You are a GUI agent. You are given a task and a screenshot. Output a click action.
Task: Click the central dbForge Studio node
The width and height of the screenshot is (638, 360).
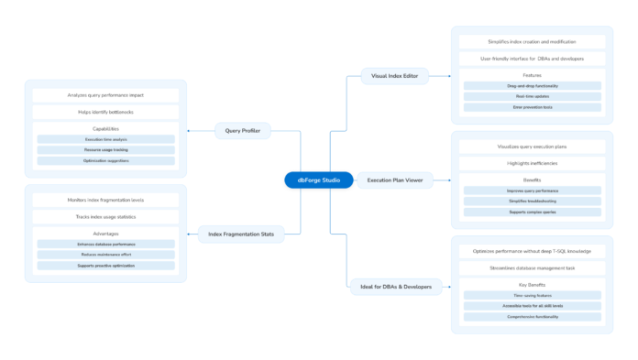(x=318, y=180)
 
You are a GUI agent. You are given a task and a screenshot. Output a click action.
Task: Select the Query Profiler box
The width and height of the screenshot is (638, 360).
(x=243, y=131)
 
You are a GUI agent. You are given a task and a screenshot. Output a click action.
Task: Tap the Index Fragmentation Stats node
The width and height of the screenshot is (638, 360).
(x=241, y=235)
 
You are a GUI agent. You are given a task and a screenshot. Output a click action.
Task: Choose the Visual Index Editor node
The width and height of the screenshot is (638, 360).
(x=394, y=76)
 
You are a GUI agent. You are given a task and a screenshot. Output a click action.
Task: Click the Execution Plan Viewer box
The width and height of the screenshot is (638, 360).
(x=394, y=180)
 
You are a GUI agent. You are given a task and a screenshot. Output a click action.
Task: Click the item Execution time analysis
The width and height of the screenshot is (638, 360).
(x=105, y=139)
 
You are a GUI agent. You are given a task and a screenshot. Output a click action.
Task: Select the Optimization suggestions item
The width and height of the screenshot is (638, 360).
(x=105, y=160)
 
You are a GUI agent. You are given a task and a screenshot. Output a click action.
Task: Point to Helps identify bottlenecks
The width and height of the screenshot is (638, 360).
(x=105, y=112)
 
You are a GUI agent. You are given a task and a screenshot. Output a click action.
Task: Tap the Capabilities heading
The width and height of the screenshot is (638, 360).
(x=105, y=128)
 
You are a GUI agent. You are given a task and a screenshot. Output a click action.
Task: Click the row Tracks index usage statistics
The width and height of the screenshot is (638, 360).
(x=105, y=217)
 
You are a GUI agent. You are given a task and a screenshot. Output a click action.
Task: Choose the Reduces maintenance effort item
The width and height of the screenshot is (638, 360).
(x=105, y=255)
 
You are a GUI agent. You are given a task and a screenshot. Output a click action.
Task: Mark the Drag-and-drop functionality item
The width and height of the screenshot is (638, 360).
(x=532, y=85)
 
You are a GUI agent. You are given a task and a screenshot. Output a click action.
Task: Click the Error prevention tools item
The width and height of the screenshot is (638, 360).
(x=532, y=107)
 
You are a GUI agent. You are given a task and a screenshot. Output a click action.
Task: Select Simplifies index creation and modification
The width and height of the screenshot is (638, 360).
(x=532, y=42)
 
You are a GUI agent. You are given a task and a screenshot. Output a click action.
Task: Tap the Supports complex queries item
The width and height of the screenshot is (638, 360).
(x=532, y=212)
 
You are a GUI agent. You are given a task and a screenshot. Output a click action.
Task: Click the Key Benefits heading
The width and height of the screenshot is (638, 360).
(x=532, y=284)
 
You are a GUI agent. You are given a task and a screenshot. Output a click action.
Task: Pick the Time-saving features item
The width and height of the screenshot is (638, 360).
(x=532, y=295)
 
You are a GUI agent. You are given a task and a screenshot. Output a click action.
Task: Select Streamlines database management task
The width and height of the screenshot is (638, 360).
(x=532, y=267)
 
